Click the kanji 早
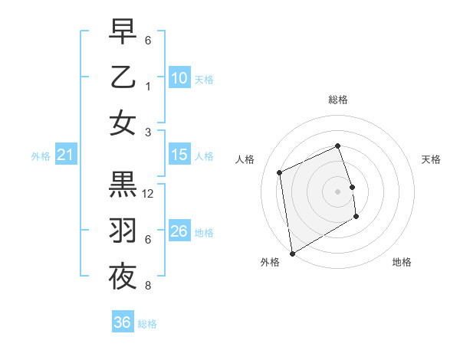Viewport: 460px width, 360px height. coord(123,32)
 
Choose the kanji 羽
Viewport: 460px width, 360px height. coord(123,231)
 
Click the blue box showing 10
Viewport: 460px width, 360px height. coord(179,77)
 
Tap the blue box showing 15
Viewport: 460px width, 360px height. coord(179,155)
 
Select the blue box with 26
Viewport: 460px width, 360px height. coord(179,231)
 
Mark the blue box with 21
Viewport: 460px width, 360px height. coord(65,155)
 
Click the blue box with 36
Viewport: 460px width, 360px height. coord(122,322)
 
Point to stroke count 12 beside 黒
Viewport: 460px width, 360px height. coord(149,194)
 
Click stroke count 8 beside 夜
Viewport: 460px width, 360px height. coord(148,286)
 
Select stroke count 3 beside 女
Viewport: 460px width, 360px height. coord(148,133)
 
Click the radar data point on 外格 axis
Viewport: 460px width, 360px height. coord(292,253)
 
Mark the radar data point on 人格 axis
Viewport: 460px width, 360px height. coord(280,172)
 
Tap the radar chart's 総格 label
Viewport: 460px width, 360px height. coord(338,100)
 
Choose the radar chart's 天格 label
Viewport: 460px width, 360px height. coord(431,159)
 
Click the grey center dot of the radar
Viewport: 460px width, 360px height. coord(338,191)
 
